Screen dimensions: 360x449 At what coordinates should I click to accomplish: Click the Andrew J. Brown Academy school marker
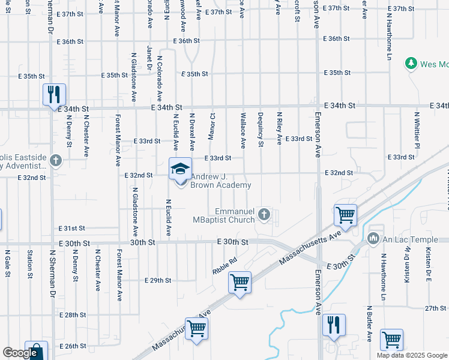point(179,169)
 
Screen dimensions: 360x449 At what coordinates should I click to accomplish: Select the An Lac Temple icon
point(374,239)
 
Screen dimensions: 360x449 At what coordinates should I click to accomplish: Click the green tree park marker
point(411,64)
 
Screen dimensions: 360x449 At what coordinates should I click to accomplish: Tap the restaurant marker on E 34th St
point(54,94)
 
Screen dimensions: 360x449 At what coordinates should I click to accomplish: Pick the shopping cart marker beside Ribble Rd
point(240,281)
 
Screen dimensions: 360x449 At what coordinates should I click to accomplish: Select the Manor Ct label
point(211,125)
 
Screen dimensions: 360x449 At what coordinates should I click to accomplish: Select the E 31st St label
point(72,229)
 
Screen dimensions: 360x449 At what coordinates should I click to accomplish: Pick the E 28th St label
point(73,314)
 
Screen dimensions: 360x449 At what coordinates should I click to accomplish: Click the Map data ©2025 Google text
point(412,355)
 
